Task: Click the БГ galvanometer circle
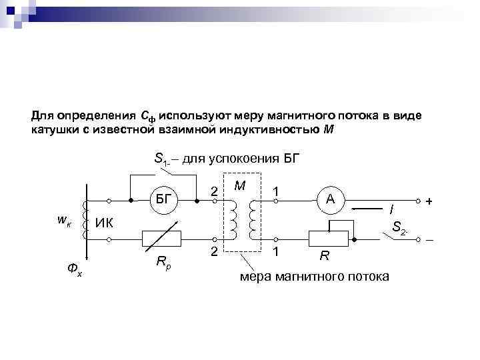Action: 163,199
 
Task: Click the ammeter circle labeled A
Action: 330,199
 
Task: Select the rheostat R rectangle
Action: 330,238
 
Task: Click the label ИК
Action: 103,222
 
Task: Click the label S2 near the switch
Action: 401,228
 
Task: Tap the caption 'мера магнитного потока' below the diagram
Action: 314,275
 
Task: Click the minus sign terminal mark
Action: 429,239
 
